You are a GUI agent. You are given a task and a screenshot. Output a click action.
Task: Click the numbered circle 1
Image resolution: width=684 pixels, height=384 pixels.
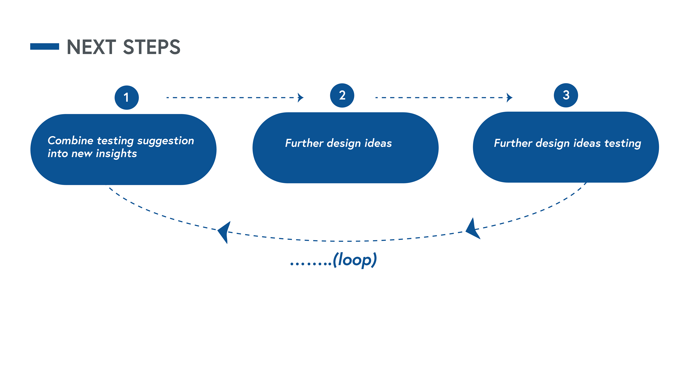click(x=127, y=98)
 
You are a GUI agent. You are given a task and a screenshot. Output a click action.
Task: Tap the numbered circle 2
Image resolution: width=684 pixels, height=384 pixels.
click(x=342, y=95)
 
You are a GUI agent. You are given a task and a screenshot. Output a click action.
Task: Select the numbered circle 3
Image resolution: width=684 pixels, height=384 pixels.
click(x=566, y=95)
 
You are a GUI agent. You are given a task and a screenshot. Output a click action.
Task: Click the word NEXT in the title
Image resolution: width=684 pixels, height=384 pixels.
click(x=91, y=47)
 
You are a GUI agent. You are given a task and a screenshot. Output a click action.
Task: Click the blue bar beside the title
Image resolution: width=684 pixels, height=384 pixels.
click(x=45, y=47)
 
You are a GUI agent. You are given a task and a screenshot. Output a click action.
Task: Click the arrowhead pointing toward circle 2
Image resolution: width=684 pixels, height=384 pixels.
click(x=300, y=98)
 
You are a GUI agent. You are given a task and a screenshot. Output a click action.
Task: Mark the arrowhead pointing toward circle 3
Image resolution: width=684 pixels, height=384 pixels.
click(x=510, y=98)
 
